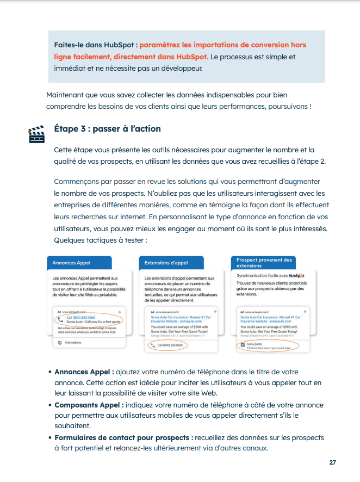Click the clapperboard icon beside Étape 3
[x=36, y=134]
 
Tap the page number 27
[x=333, y=462]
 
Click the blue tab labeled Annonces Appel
[x=71, y=263]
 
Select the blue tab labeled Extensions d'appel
[x=166, y=263]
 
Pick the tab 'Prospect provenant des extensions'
[x=264, y=262]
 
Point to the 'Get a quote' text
[x=255, y=343]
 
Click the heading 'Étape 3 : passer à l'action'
[x=107, y=129]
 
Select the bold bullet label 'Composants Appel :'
[x=89, y=405]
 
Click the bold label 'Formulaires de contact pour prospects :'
[x=123, y=437]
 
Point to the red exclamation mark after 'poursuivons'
[x=311, y=106]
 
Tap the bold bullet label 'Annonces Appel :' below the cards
[x=84, y=372]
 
